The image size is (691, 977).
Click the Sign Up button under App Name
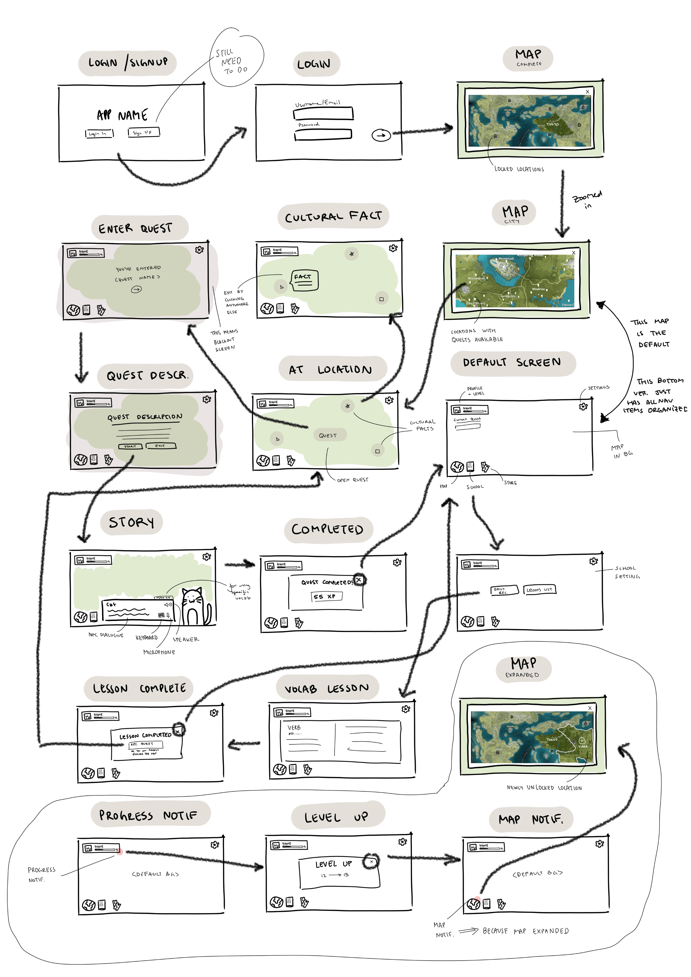[143, 132]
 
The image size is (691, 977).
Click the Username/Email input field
[323, 114]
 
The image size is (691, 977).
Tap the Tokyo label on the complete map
[552, 124]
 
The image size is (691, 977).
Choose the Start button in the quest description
[130, 446]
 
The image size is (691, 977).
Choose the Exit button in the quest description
[160, 446]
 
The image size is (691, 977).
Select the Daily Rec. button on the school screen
[504, 590]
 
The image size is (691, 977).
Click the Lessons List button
[539, 589]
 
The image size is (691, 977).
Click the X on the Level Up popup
[371, 862]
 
